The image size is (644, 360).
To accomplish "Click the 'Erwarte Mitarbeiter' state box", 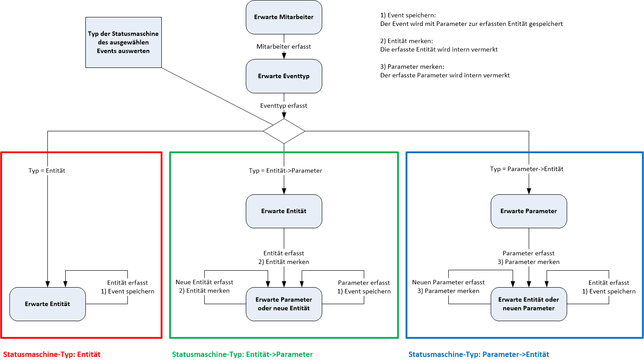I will click(x=284, y=17).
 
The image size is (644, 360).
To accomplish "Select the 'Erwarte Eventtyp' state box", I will click(x=284, y=76).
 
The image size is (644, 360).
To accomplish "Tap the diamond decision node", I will click(x=284, y=131).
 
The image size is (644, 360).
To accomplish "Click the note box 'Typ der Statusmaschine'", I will click(x=123, y=42).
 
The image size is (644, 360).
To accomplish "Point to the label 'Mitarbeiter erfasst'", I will click(x=284, y=46).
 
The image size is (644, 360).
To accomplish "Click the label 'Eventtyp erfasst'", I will click(x=284, y=106).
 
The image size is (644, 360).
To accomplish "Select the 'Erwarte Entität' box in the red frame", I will click(x=47, y=304).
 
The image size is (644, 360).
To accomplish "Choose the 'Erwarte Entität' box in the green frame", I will click(x=284, y=211).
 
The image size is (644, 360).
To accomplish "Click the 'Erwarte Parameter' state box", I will click(x=529, y=211).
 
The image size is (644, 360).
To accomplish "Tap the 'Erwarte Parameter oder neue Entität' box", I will click(x=284, y=304).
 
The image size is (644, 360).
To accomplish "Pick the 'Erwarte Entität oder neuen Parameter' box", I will click(x=529, y=304).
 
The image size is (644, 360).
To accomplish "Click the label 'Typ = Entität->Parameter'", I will click(x=286, y=171).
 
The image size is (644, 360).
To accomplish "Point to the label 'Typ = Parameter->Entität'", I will click(x=526, y=169).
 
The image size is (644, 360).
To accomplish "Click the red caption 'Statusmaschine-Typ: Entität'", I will click(x=52, y=354).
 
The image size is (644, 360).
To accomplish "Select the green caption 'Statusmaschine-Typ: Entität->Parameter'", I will click(x=242, y=354).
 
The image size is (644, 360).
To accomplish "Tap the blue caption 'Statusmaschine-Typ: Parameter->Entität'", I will click(x=479, y=354).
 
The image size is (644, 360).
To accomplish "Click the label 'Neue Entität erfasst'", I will click(x=204, y=282).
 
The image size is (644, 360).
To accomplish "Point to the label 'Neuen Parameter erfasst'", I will click(x=448, y=282).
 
